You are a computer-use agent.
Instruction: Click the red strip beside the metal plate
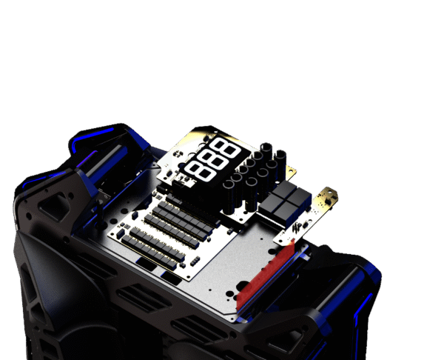(x=265, y=274)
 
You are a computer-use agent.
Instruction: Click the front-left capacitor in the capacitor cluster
(x=228, y=199)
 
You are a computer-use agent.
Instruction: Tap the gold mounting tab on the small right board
(x=328, y=196)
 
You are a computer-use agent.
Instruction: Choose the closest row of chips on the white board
(x=153, y=252)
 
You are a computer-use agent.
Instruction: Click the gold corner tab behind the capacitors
(x=291, y=171)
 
